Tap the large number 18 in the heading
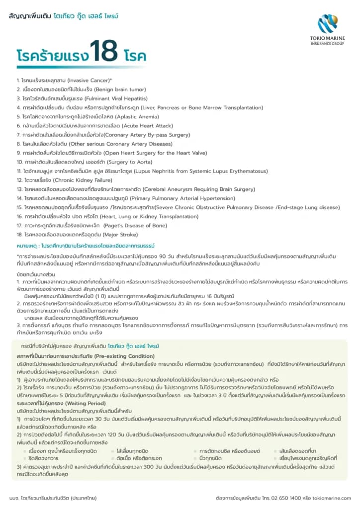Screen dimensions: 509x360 pyautogui.click(x=103, y=51)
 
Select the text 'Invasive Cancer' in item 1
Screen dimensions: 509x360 pyautogui.click(x=88, y=80)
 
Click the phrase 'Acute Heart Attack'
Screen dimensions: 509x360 pyautogui.click(x=148, y=126)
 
